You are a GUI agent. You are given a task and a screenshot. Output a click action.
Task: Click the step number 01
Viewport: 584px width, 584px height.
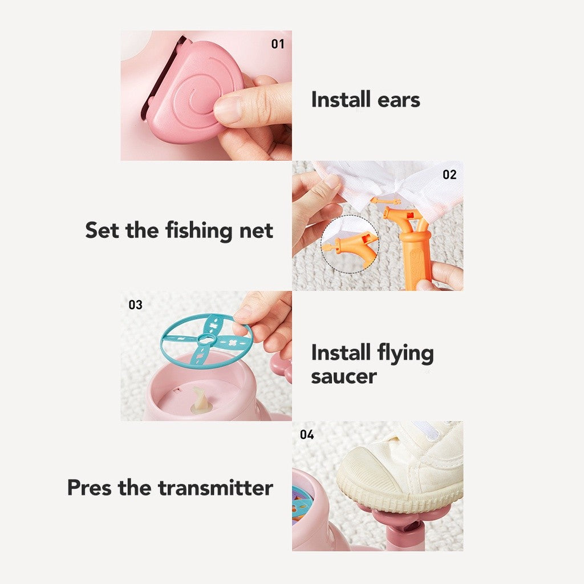(278, 44)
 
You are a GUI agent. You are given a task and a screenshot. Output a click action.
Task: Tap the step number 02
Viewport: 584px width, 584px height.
(449, 175)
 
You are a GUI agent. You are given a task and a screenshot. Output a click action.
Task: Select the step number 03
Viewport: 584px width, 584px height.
(136, 305)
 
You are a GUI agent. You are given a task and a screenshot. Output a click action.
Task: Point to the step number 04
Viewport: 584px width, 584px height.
(307, 434)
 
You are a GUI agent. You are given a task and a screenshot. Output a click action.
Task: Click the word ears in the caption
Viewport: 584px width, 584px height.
(399, 100)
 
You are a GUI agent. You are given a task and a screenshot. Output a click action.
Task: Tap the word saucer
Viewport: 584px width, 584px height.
(344, 376)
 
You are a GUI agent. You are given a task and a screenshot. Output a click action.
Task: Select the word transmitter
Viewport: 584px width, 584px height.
(215, 488)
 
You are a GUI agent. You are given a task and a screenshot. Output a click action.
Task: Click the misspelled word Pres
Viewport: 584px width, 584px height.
(89, 487)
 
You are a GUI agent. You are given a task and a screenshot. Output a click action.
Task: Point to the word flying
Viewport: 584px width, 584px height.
(405, 353)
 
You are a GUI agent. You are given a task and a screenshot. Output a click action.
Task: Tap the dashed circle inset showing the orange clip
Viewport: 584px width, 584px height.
(350, 244)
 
